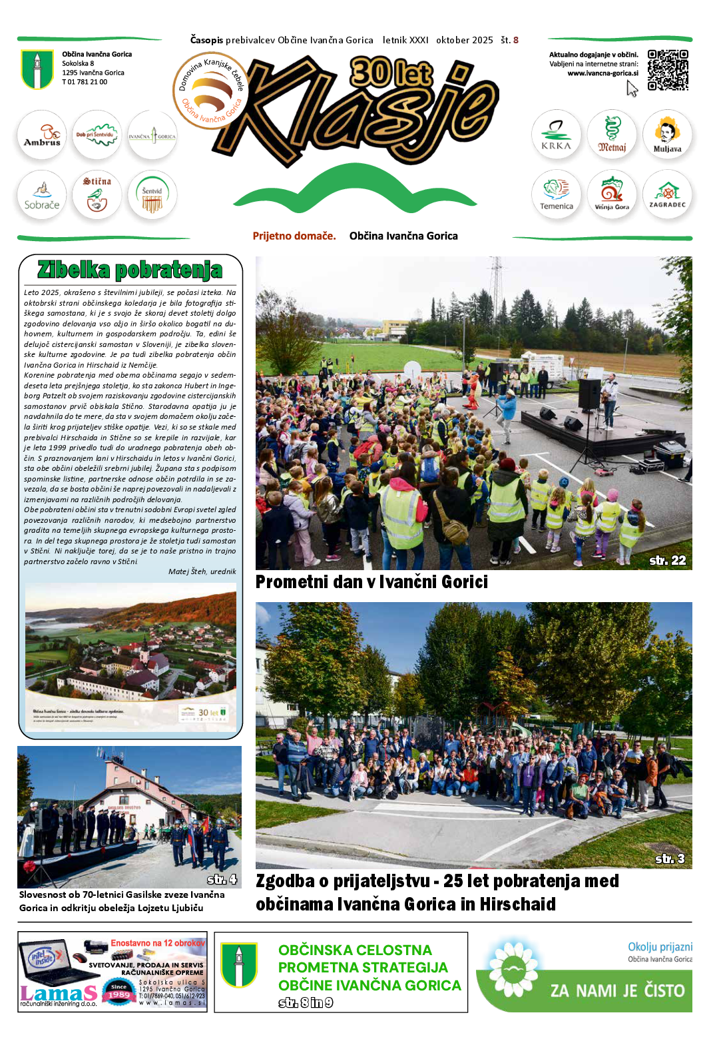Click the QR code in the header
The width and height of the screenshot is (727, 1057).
click(x=668, y=70)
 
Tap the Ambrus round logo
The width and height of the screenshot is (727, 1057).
click(x=42, y=135)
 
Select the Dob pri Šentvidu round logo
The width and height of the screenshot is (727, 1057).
click(x=97, y=135)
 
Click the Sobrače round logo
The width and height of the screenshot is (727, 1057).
click(x=42, y=195)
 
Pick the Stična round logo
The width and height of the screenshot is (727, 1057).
click(x=97, y=195)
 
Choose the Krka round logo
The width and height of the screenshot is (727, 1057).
click(x=556, y=135)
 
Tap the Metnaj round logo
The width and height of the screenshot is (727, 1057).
click(x=612, y=135)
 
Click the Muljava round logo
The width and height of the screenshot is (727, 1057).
click(x=667, y=135)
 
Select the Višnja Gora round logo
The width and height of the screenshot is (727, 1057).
click(x=612, y=195)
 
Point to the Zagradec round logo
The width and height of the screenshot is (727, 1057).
click(x=667, y=195)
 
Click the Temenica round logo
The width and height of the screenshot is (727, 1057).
click(x=556, y=195)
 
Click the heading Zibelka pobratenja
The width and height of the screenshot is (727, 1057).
click(x=130, y=270)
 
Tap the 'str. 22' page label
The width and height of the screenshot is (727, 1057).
click(x=667, y=561)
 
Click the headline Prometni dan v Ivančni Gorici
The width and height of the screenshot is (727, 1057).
click(x=371, y=582)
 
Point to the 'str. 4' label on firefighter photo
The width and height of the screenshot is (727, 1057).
click(x=222, y=879)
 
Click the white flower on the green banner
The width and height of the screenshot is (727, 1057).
click(x=513, y=970)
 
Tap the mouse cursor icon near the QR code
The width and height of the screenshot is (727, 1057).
click(x=632, y=89)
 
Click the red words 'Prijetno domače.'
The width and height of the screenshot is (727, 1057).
click(x=294, y=236)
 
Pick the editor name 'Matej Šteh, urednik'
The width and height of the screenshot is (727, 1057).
click(x=202, y=571)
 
